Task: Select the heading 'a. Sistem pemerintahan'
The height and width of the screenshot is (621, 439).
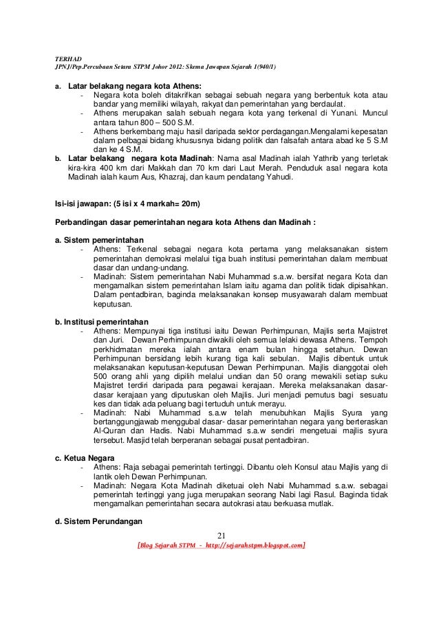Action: click(100, 239)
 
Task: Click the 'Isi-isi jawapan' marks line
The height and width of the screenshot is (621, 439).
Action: click(127, 204)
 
